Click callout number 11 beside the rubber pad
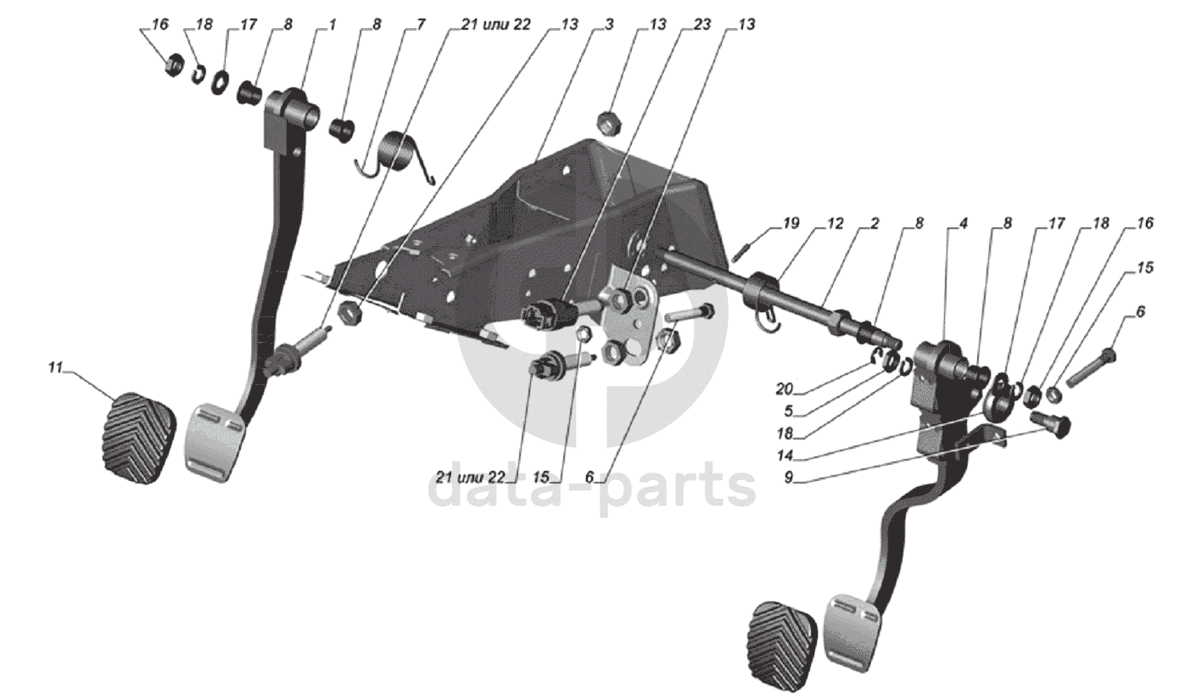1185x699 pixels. (55, 368)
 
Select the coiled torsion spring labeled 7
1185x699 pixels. (398, 155)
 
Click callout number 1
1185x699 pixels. (332, 25)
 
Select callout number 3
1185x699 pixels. (609, 25)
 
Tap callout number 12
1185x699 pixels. (835, 225)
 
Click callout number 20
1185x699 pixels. (784, 389)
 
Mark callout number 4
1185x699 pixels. (964, 225)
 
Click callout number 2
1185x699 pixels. (874, 225)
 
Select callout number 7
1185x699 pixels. (421, 25)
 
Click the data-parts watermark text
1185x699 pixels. (594, 488)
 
